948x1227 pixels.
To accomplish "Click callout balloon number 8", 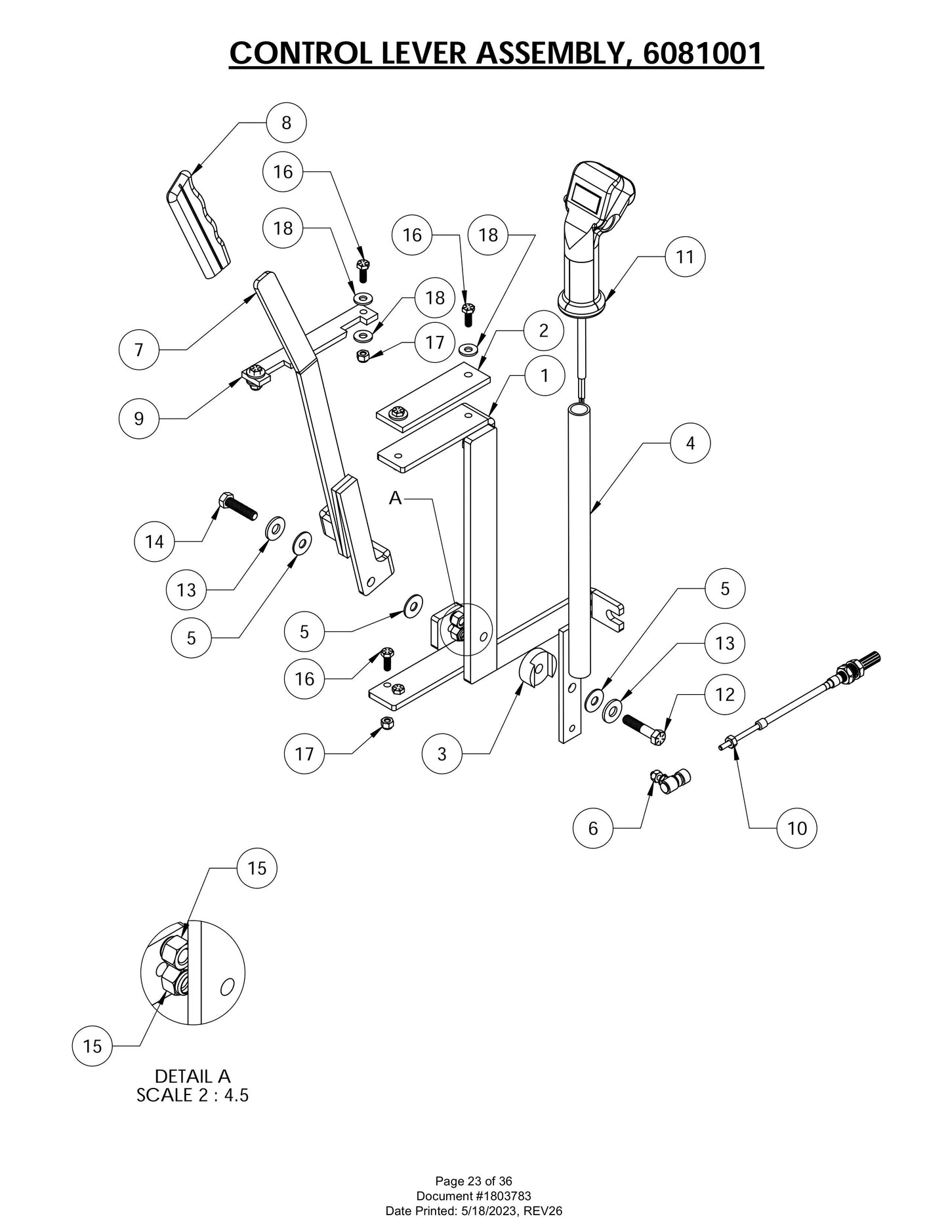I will (286, 122).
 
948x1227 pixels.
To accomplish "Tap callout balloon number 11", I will (685, 257).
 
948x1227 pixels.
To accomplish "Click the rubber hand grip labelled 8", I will (197, 224).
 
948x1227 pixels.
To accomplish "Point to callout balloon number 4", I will (690, 444).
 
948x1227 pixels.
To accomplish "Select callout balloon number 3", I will (442, 754).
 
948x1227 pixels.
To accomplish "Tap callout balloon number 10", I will (796, 828).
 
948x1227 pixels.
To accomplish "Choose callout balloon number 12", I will (724, 694).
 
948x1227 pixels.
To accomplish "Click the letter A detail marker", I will (395, 499).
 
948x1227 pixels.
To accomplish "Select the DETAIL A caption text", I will (193, 1076).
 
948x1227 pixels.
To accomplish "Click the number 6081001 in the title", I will (703, 53).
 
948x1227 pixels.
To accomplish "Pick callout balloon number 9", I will (138, 419).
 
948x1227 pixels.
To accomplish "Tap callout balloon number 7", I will (138, 350).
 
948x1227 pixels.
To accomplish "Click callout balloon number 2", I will (543, 331).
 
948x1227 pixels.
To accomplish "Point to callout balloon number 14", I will (154, 542).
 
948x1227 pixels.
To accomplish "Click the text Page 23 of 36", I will (474, 1182).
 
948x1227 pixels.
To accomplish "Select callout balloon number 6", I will (592, 828).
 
